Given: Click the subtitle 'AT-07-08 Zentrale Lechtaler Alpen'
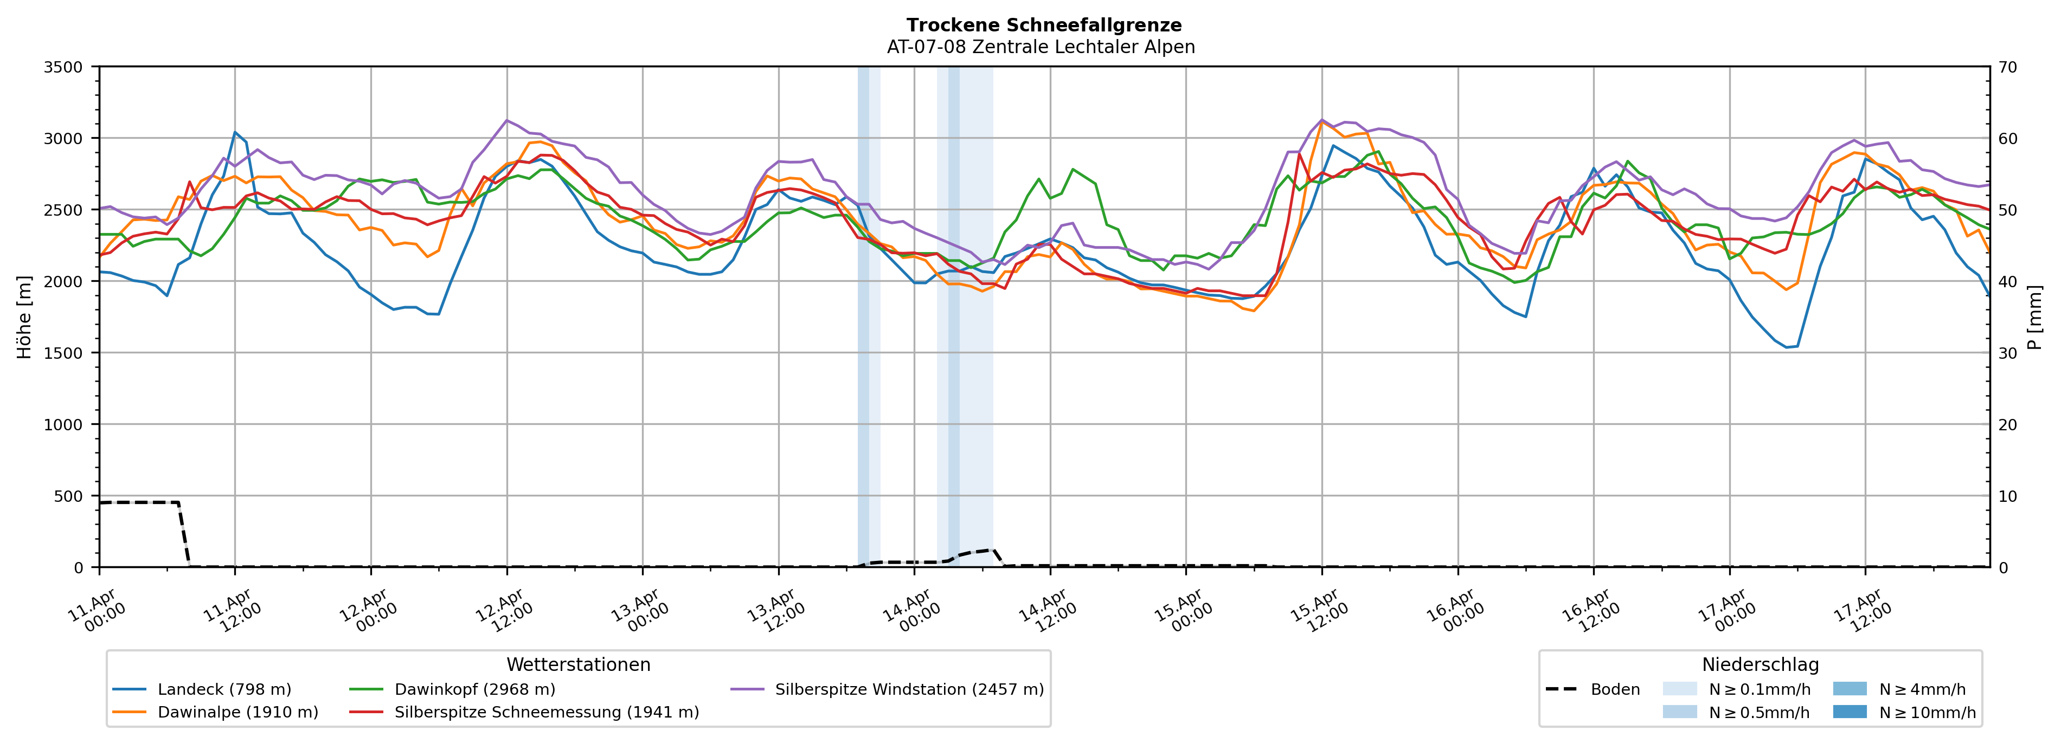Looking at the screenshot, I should point(1040,47).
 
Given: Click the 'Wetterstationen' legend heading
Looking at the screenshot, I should point(579,664).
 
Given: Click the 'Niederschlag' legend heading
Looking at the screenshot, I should point(1760,664).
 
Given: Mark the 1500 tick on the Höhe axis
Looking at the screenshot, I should point(63,353).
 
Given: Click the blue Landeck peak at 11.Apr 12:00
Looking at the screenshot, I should point(234,133).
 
